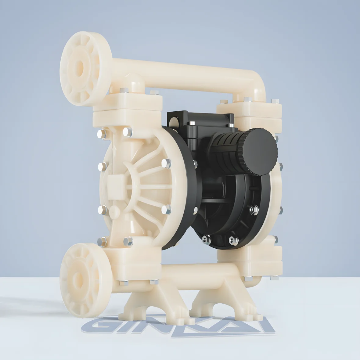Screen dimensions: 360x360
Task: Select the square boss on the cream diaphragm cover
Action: (115, 184)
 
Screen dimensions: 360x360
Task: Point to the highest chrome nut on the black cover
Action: (192, 124)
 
